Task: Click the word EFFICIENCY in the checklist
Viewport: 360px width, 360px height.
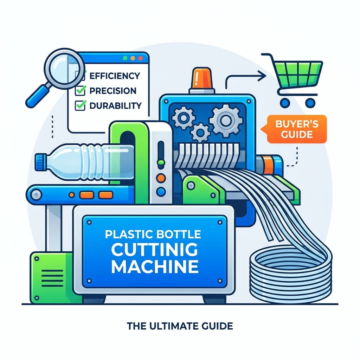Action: (115, 76)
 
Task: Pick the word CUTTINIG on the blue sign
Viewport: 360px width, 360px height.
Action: (155, 250)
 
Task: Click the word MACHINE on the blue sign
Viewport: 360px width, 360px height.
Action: (155, 266)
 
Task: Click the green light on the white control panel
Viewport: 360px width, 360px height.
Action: (161, 162)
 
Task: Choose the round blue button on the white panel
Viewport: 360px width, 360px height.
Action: (161, 191)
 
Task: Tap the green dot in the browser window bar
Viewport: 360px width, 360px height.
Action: (125, 58)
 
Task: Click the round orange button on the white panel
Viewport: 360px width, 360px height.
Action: (161, 178)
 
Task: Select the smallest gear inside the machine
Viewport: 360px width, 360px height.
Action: (200, 133)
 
